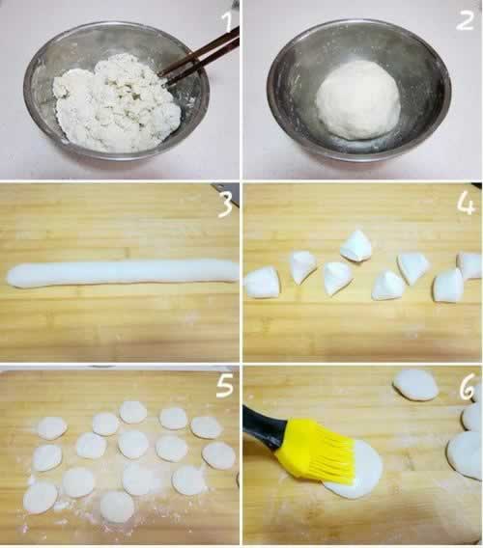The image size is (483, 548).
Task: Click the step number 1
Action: pos(228,21)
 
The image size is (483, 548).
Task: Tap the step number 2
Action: pos(466,20)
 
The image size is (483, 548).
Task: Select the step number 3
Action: pos(225,205)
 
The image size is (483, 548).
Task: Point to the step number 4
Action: pos(467,205)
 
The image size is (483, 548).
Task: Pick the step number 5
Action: pos(225,387)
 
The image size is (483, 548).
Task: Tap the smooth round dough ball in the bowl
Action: pos(358,100)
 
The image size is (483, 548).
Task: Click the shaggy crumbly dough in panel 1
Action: pos(117,103)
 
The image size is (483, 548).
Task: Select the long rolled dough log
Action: pos(123,274)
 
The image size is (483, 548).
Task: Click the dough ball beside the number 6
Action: pos(415,385)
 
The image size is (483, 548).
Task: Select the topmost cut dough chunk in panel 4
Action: pos(355,246)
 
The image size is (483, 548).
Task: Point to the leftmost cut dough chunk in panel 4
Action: pos(263,283)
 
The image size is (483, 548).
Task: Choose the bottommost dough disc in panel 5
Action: pos(117,507)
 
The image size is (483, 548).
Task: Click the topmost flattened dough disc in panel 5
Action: pos(133,412)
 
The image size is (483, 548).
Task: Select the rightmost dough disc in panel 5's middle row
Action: pos(218,455)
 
